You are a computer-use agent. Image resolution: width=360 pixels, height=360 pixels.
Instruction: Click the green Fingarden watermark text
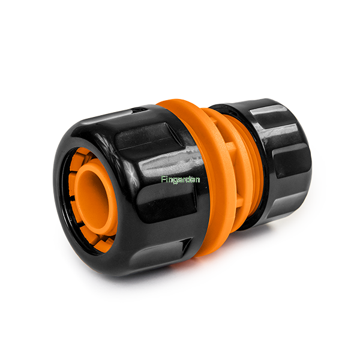tap(180, 179)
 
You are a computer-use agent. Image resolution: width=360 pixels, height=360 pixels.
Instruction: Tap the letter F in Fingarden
tap(163, 179)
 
